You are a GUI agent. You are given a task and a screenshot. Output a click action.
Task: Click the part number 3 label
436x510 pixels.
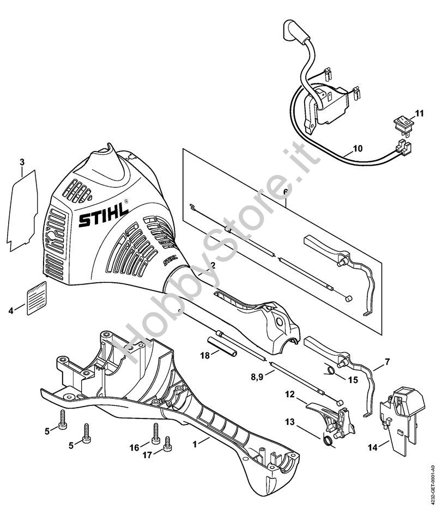tap(22, 162)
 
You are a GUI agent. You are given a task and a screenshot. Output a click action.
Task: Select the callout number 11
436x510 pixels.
tap(419, 113)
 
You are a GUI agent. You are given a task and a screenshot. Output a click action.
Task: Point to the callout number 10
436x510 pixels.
tap(358, 148)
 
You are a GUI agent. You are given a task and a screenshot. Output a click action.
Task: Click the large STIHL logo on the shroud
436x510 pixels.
tap(104, 216)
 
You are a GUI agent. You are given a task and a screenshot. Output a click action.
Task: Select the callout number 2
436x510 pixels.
tap(214, 265)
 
